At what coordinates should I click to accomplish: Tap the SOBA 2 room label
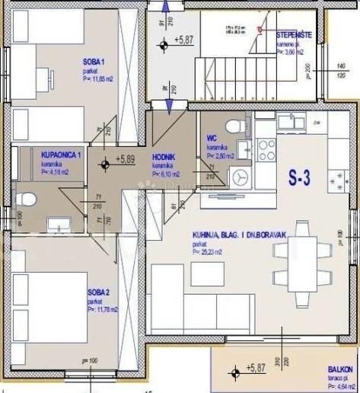98,292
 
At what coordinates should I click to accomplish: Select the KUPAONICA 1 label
61,155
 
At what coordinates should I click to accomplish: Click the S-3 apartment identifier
299,180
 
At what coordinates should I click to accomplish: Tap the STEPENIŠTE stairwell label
293,35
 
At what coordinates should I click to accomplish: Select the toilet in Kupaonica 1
27,200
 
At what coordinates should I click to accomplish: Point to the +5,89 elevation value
124,160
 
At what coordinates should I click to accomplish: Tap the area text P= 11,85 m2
98,78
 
